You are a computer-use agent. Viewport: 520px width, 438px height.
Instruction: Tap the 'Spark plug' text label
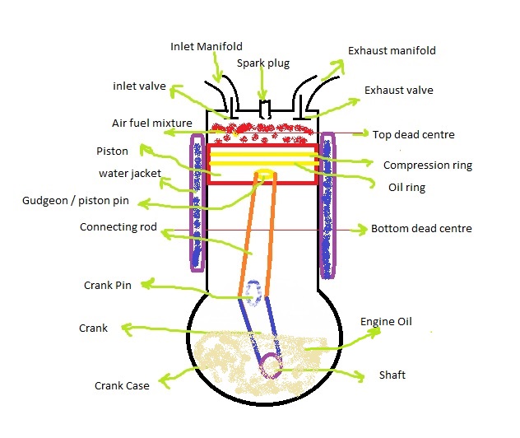pyautogui.click(x=262, y=63)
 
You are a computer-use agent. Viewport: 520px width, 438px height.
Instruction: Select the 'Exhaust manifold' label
pyautogui.click(x=392, y=51)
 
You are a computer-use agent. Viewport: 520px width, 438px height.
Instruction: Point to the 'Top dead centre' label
pyautogui.click(x=413, y=134)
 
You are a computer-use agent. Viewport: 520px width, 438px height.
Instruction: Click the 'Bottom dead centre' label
pyautogui.click(x=421, y=228)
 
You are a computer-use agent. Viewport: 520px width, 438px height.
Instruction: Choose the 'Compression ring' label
pyautogui.click(x=428, y=165)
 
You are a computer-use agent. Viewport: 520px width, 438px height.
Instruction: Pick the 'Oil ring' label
pyautogui.click(x=406, y=187)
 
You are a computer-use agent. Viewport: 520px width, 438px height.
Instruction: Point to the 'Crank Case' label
pyautogui.click(x=122, y=385)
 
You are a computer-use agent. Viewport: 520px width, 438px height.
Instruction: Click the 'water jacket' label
pyautogui.click(x=129, y=174)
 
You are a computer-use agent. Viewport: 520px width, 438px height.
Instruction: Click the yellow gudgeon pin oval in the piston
pyautogui.click(x=265, y=174)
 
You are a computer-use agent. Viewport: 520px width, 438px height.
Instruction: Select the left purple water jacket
pyautogui.click(x=197, y=202)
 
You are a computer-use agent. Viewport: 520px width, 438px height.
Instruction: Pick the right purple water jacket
pyautogui.click(x=327, y=202)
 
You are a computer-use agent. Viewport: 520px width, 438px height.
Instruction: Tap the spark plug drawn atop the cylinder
pyautogui.click(x=263, y=109)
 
